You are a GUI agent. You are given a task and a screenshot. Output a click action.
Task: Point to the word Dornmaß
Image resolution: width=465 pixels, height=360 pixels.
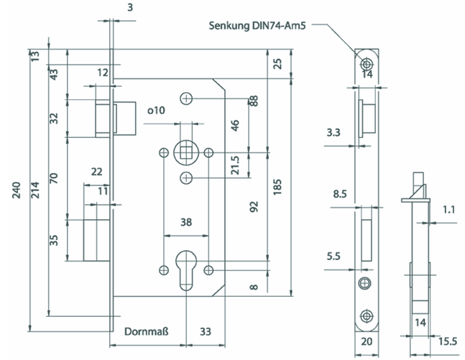coord(146,333)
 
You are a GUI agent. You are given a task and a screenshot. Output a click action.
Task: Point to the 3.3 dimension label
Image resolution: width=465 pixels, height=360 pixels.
coord(333,133)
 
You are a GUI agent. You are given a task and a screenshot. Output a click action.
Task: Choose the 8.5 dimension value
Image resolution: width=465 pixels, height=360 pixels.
coord(341,193)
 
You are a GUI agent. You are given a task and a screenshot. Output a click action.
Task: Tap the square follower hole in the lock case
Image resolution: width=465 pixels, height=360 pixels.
coord(186,152)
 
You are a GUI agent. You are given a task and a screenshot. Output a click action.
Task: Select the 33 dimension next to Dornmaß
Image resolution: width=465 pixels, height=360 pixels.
coord(206,333)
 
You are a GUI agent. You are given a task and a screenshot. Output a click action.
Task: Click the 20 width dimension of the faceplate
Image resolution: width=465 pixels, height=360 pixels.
coord(368,341)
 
